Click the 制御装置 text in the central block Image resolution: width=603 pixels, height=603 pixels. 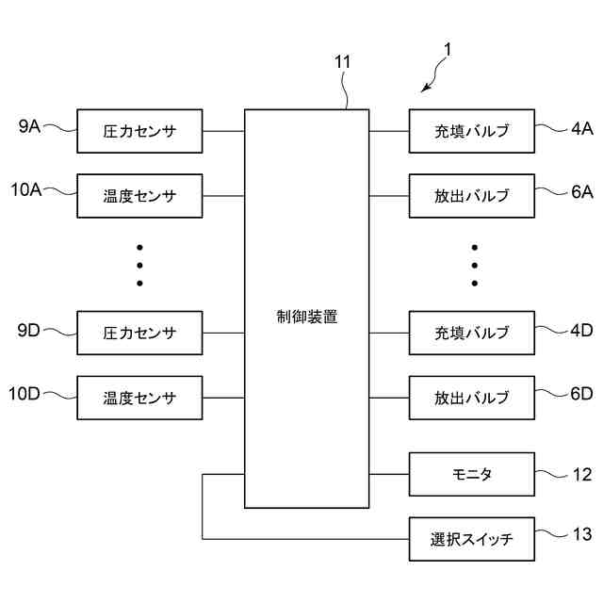(x=306, y=317)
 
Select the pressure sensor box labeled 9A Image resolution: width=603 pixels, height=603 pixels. (x=139, y=131)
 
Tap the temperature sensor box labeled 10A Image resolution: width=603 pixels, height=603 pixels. (x=139, y=196)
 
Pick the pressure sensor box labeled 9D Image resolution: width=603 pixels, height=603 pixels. (x=139, y=333)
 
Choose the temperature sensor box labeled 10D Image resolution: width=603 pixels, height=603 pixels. (x=139, y=397)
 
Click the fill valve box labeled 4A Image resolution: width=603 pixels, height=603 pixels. (x=472, y=131)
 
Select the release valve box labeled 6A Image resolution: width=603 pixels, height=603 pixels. (x=472, y=196)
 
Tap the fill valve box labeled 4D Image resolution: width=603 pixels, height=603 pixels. (x=472, y=333)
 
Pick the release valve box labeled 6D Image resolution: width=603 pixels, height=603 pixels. (x=472, y=397)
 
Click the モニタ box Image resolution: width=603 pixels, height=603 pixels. (x=472, y=474)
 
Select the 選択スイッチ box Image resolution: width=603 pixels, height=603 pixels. (x=472, y=540)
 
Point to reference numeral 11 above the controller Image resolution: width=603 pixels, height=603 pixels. (x=343, y=62)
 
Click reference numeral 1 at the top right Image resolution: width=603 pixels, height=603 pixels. (x=448, y=50)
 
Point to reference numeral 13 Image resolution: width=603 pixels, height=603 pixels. (x=581, y=535)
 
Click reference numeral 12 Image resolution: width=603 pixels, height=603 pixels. (x=581, y=475)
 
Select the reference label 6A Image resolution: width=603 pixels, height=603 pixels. (x=581, y=191)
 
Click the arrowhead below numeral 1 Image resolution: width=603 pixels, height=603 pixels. (x=425, y=90)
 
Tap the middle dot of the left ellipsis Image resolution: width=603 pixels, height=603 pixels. (x=139, y=265)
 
